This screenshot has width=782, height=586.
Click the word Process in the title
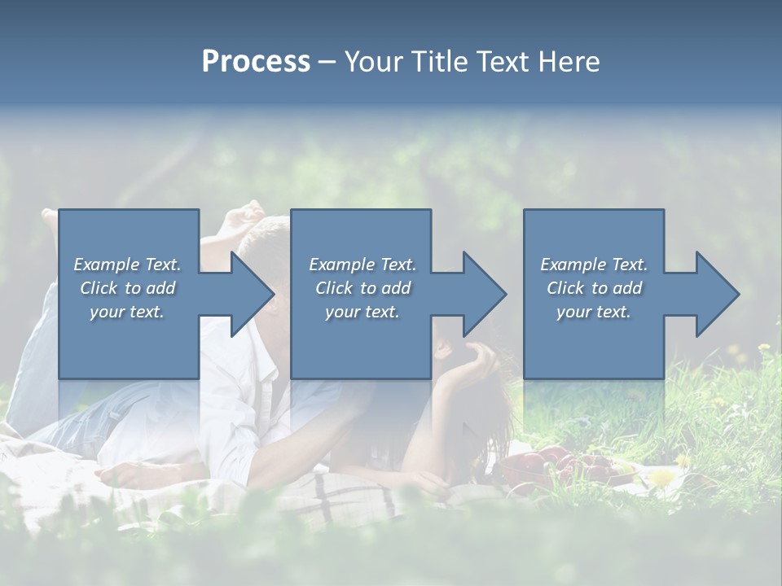pyautogui.click(x=256, y=62)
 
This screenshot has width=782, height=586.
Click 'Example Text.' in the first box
pyautogui.click(x=127, y=265)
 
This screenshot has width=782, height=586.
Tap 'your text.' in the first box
pyautogui.click(x=127, y=312)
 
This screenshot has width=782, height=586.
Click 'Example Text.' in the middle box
pyautogui.click(x=362, y=265)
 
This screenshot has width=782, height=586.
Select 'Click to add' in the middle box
pyautogui.click(x=362, y=288)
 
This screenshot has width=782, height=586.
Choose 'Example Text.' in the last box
pyautogui.click(x=594, y=265)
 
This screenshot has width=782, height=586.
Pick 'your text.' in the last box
pyautogui.click(x=594, y=312)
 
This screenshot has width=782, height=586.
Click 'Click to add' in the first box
pyautogui.click(x=127, y=288)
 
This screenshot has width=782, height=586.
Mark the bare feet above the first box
pyautogui.click(x=244, y=218)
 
